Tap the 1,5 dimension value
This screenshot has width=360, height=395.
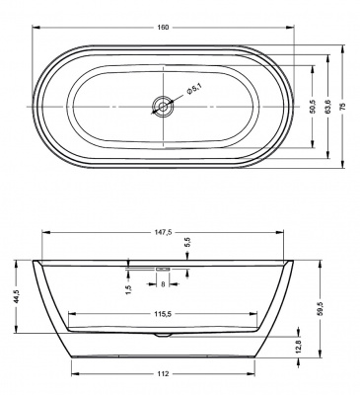tap(128, 288)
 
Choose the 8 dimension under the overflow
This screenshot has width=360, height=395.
tap(163, 284)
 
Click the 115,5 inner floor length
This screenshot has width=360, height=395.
tap(164, 313)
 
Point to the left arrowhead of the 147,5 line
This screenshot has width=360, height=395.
tap(44, 240)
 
